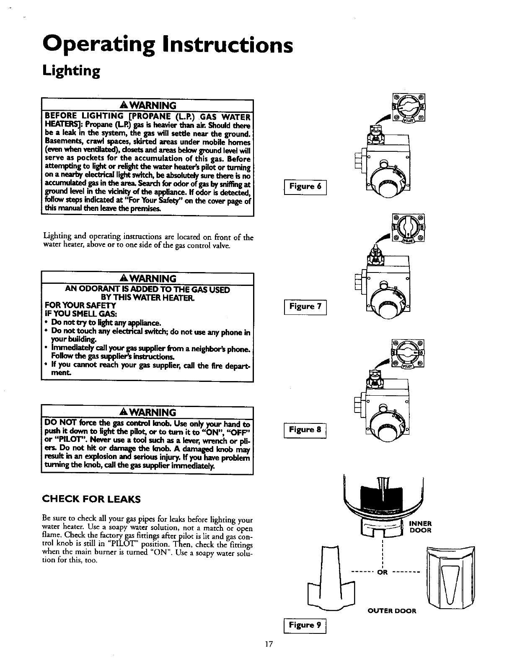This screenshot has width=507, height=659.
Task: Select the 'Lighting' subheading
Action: [72, 71]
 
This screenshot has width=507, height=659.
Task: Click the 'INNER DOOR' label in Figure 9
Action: [420, 527]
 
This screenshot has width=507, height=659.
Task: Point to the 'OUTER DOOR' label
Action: [392, 610]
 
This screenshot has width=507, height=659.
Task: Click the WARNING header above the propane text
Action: [147, 104]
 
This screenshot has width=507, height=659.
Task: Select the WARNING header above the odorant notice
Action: [147, 278]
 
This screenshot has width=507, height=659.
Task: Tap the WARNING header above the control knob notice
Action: [147, 412]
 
